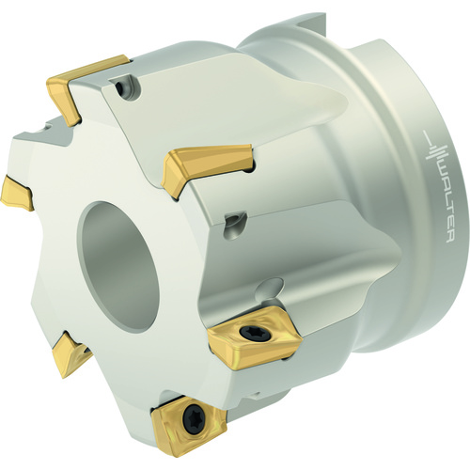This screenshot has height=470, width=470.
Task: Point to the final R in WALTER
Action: (x=450, y=238)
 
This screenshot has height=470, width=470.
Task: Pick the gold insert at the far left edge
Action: (x=16, y=192)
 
